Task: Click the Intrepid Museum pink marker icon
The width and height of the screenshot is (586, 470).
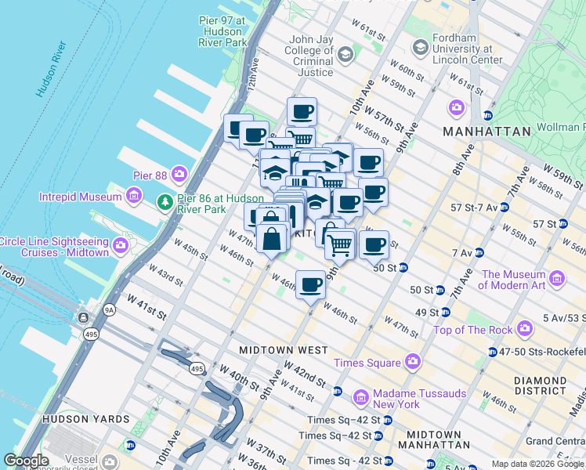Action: click(x=135, y=194)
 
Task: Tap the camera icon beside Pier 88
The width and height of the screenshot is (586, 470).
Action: click(x=180, y=172)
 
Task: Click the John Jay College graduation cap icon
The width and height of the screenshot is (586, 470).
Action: click(x=345, y=53)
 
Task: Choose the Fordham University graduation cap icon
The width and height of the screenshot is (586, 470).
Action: click(x=421, y=48)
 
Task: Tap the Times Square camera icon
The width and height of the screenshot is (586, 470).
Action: click(x=412, y=362)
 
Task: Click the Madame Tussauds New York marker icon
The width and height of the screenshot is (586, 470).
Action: click(x=361, y=397)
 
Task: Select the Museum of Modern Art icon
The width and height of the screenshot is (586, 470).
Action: click(x=557, y=278)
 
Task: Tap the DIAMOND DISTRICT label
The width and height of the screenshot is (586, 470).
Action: click(x=540, y=385)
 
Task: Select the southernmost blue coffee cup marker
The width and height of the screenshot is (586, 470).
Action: click(x=311, y=284)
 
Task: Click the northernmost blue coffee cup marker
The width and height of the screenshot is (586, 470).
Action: click(x=302, y=110)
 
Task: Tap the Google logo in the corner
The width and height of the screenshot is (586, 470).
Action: click(x=26, y=460)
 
